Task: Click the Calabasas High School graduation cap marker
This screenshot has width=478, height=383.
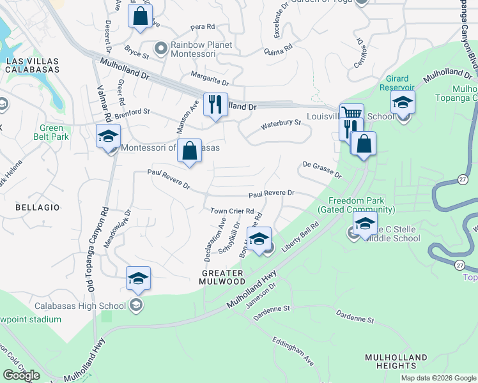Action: pyautogui.click(x=138, y=278)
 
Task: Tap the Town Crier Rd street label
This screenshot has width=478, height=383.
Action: pyautogui.click(x=233, y=211)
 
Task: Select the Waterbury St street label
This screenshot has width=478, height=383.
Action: pyautogui.click(x=281, y=123)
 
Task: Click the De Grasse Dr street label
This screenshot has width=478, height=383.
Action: pyautogui.click(x=322, y=170)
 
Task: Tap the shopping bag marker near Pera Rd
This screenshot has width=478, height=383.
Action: pyautogui.click(x=140, y=16)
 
